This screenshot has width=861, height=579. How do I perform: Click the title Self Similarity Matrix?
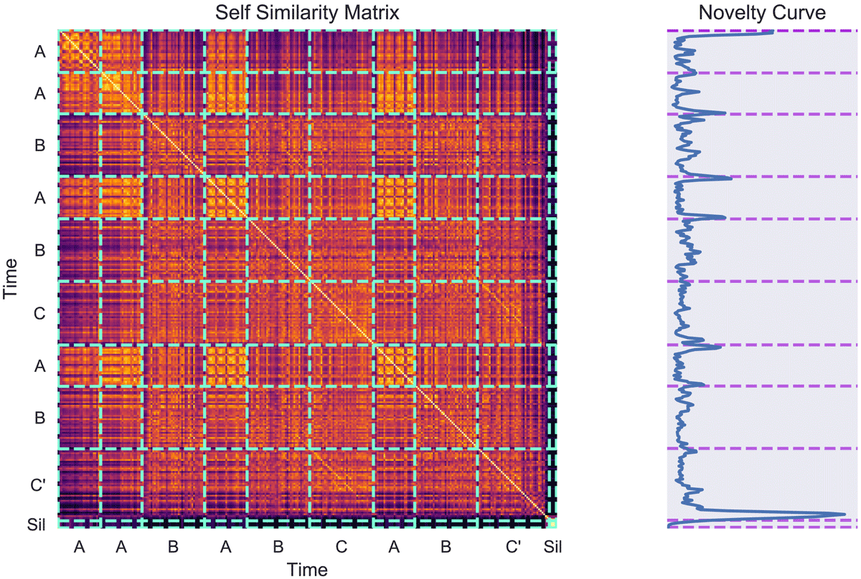307,13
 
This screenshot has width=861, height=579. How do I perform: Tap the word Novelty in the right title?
727,13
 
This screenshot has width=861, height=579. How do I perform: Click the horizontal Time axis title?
307,570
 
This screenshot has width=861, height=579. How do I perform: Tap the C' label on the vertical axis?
39,484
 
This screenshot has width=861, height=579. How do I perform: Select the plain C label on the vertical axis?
39,312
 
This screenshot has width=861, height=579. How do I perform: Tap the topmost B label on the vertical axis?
39,145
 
